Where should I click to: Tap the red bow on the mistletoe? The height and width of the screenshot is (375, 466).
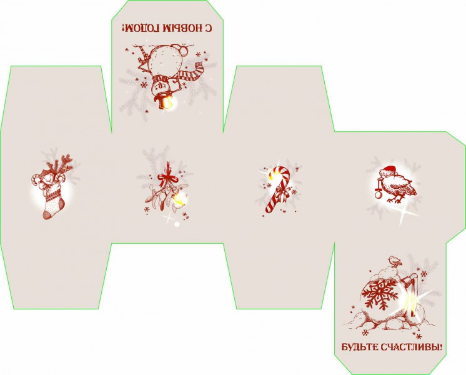coord(167,178)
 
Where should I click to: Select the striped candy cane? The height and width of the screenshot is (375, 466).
coord(277,189)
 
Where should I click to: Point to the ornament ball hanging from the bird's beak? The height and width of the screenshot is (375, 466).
coord(378,194)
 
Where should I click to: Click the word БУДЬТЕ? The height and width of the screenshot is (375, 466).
coord(359,347)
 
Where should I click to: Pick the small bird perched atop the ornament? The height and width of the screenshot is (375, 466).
coord(395,260)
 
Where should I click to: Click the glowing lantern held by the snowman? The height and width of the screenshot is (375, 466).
coord(166,102)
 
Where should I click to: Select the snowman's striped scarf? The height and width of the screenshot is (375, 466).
coord(190,73)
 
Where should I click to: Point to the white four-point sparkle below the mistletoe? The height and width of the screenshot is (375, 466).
coord(169,219)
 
